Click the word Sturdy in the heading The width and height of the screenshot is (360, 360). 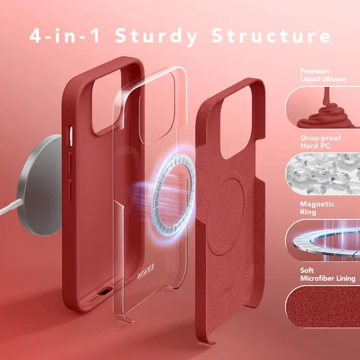(x=156, y=37)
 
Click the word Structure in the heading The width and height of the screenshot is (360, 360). (x=271, y=35)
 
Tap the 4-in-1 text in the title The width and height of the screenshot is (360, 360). (x=65, y=35)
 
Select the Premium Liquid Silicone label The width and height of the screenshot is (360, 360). (x=323, y=75)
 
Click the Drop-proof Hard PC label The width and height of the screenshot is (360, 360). (x=320, y=142)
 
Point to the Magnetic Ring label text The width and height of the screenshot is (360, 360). (x=317, y=208)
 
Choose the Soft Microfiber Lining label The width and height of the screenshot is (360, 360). (x=328, y=274)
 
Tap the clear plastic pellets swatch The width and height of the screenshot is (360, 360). (x=323, y=174)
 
